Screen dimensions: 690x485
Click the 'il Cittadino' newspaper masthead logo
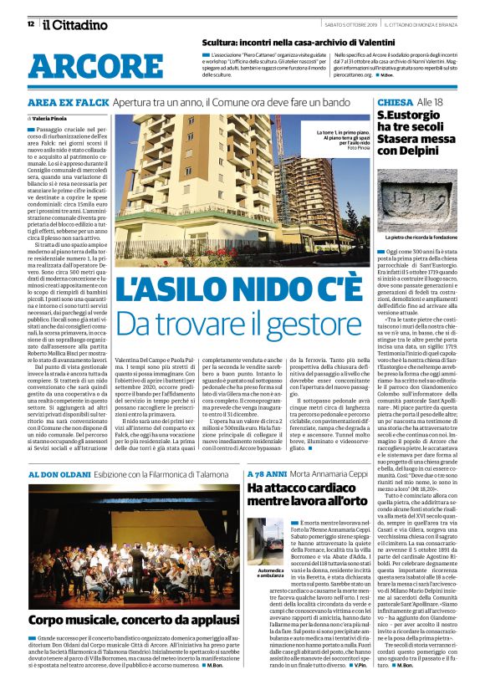pyautogui.click(x=68, y=23)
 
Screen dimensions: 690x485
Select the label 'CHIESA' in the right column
pyautogui.click(x=394, y=102)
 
